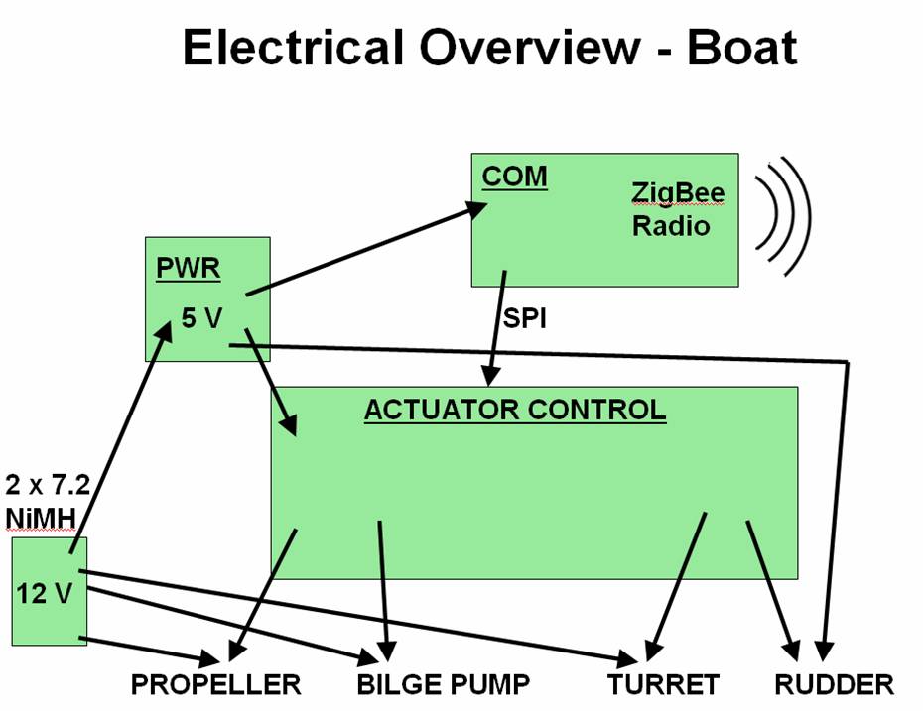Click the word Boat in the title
[740, 47]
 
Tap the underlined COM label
[514, 178]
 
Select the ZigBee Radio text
[677, 208]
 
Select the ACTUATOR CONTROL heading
[514, 410]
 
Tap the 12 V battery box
[49, 591]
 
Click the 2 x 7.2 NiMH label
[49, 501]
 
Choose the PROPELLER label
[216, 684]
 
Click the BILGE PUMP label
[444, 684]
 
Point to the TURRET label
[664, 684]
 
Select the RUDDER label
[834, 684]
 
